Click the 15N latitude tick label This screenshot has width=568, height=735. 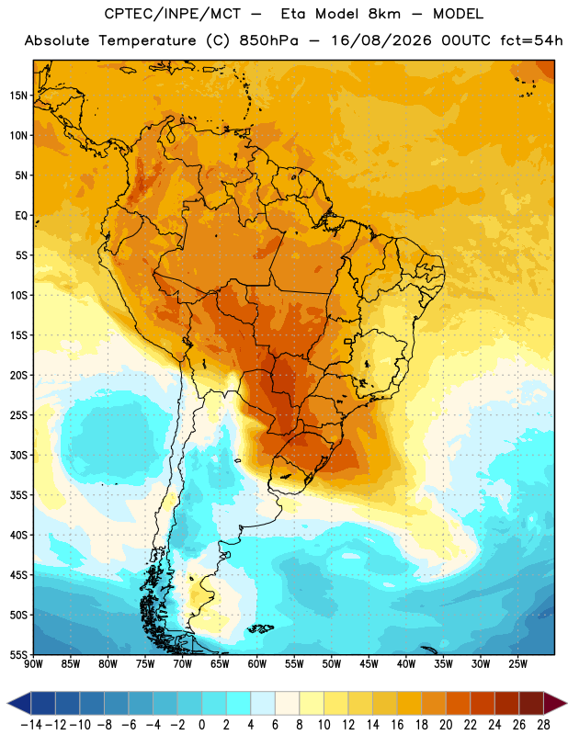click(x=18, y=96)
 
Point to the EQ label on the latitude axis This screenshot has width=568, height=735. click(x=21, y=216)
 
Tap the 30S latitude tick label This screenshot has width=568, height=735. click(x=18, y=455)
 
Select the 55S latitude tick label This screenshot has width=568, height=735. click(x=18, y=655)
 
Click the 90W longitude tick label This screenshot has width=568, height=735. click(x=34, y=664)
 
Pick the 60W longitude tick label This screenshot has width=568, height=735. click(x=257, y=664)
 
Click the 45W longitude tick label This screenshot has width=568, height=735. click(x=369, y=664)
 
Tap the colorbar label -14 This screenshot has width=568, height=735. click(x=31, y=725)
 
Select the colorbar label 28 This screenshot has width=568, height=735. click(x=543, y=725)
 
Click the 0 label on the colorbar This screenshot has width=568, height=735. click(x=202, y=725)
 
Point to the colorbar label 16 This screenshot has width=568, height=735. click(x=397, y=725)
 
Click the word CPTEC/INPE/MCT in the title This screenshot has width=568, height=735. click(x=173, y=14)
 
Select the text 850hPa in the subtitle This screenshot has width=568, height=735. click(x=268, y=40)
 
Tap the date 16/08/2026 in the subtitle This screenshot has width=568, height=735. click(x=381, y=40)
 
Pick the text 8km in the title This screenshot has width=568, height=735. click(x=384, y=14)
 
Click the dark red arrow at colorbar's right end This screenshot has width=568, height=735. click(x=554, y=703)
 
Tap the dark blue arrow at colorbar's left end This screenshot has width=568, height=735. click(x=19, y=703)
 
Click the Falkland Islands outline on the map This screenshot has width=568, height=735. click(x=260, y=628)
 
